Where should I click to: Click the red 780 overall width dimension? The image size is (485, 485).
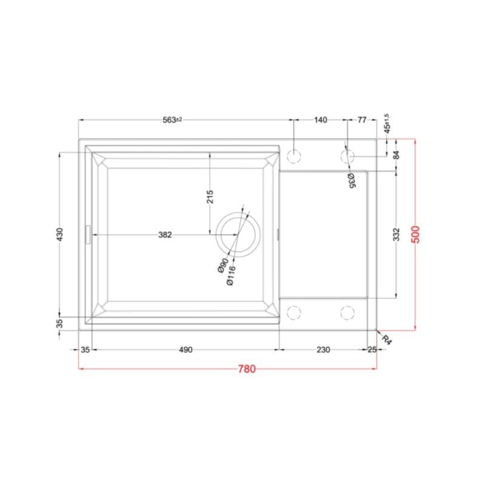click(247, 369)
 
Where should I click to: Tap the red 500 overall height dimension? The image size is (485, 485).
click(416, 235)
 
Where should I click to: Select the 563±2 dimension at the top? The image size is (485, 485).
click(172, 119)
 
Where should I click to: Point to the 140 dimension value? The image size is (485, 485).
click(321, 119)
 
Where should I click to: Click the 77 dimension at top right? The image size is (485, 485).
click(362, 119)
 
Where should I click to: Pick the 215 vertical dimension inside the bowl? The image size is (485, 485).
click(210, 196)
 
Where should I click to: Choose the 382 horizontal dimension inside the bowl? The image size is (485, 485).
click(165, 235)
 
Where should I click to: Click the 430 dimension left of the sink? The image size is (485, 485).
click(59, 235)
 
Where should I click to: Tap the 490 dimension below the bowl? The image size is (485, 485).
click(186, 350)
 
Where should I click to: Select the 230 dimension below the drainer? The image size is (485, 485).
click(323, 350)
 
